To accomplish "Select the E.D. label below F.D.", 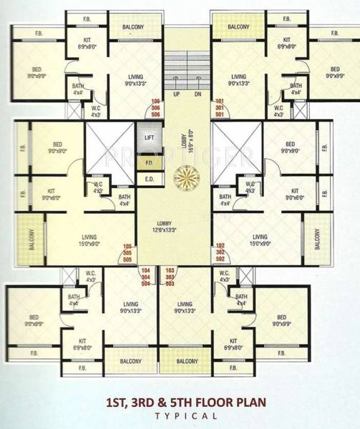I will tap(150, 179).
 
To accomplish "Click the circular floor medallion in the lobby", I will tap(185, 174).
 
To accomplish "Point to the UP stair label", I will tap(175, 94).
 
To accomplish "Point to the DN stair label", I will tap(198, 94).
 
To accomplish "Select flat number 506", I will tap(155, 113).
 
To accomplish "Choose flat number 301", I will tap(220, 107).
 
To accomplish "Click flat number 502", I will tap(220, 258).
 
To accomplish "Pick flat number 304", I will tap(146, 276).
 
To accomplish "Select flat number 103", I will tap(170, 270).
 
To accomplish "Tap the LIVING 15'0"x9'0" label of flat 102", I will tap(259, 240).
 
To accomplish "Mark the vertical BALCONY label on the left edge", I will tap(31, 238).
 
